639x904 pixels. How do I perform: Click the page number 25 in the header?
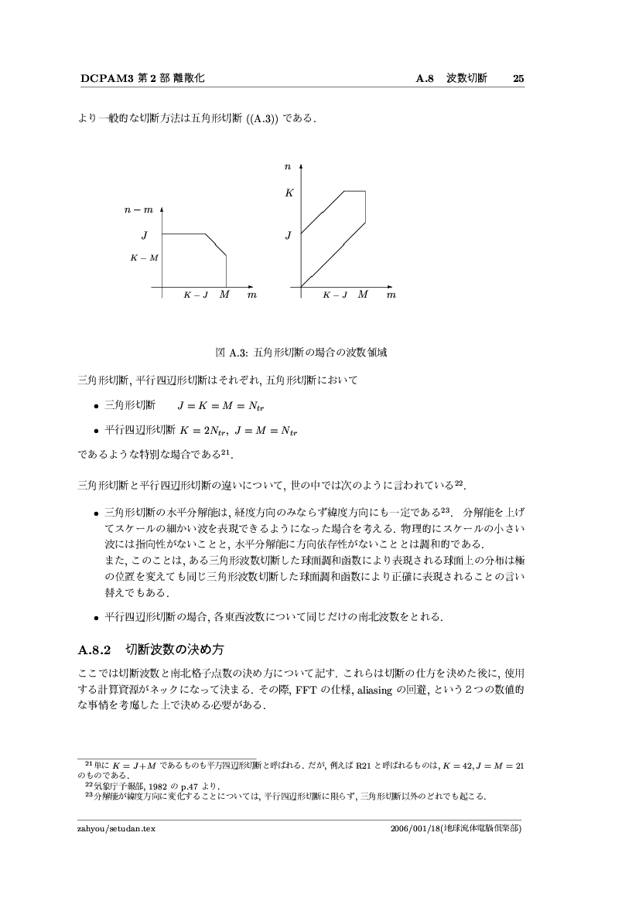pyautogui.click(x=519, y=78)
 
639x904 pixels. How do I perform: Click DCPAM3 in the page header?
pyautogui.click(x=106, y=78)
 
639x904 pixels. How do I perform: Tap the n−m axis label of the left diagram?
pyautogui.click(x=138, y=209)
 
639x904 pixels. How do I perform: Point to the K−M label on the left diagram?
pyautogui.click(x=144, y=258)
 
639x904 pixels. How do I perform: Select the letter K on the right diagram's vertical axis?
pyautogui.click(x=289, y=193)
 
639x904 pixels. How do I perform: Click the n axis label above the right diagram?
pyautogui.click(x=288, y=166)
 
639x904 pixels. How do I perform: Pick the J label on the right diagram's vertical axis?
pyautogui.click(x=288, y=234)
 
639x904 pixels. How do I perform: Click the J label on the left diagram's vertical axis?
pyautogui.click(x=144, y=234)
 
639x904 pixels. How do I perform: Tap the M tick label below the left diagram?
pyautogui.click(x=224, y=295)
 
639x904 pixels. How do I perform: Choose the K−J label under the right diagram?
pyautogui.click(x=336, y=295)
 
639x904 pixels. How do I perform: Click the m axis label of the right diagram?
pyautogui.click(x=391, y=295)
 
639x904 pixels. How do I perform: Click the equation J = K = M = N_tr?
pyautogui.click(x=221, y=405)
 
